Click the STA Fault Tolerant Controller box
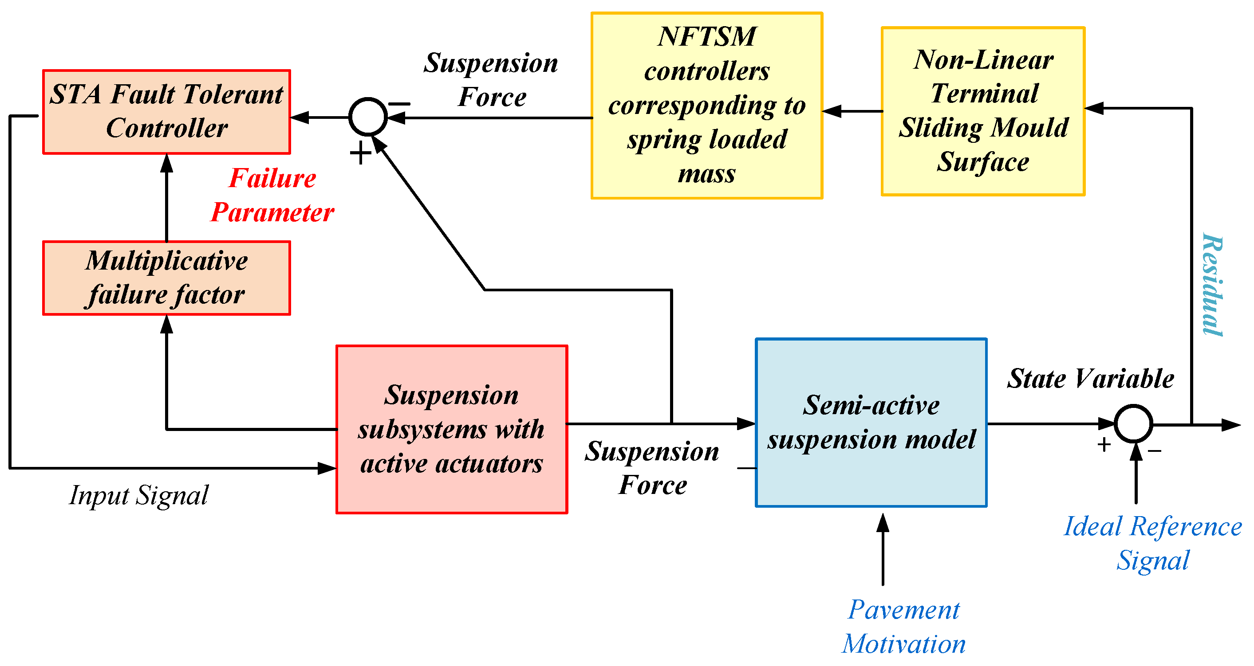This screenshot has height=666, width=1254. (x=166, y=112)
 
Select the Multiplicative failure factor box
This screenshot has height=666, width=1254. (x=166, y=278)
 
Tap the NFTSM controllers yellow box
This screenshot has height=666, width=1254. (x=706, y=106)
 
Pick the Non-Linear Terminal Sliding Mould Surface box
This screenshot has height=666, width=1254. (x=982, y=111)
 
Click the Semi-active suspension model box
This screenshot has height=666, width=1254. (x=871, y=422)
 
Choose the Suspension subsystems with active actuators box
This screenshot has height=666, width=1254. (x=451, y=429)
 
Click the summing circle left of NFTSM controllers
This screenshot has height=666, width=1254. (x=367, y=117)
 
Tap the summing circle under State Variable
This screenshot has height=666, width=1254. (x=1133, y=424)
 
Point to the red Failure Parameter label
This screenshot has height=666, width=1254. (x=272, y=195)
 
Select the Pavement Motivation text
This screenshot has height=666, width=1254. (x=903, y=627)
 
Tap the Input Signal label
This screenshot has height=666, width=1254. (x=139, y=495)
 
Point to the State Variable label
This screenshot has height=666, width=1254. (x=1090, y=379)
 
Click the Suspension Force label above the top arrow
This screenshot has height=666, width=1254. (x=491, y=80)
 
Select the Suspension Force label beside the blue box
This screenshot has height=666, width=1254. (x=652, y=468)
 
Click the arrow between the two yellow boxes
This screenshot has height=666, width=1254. (x=852, y=111)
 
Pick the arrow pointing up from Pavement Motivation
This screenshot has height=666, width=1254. (x=883, y=550)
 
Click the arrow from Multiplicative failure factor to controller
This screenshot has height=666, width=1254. (x=166, y=197)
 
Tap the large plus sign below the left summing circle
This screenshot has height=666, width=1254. (x=360, y=153)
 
